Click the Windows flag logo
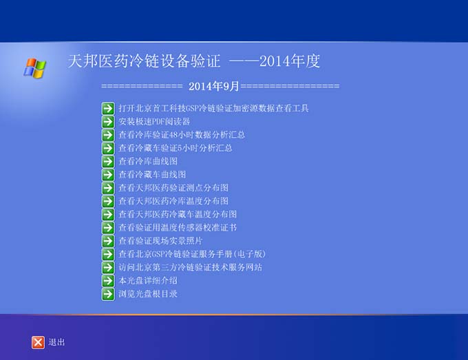pos(35,68)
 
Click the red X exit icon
pos(38,342)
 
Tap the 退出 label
pos(56,342)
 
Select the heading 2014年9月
pos(214,87)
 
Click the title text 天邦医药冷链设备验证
pos(144,61)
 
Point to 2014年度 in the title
pos(290,61)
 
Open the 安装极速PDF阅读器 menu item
pos(154,122)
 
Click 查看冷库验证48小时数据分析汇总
pos(182,135)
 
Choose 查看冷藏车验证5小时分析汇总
pos(175,148)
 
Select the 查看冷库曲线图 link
pos(148,161)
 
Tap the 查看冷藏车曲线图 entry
pos(152,174)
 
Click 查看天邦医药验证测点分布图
pos(173,188)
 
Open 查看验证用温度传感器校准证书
pos(178,227)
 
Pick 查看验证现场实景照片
pos(160,241)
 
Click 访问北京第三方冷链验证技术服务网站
pos(191,267)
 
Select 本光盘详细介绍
pos(148,281)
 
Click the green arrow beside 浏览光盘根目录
pos(108,294)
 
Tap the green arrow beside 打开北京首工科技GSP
pos(108,108)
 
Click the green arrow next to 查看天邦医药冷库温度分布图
pos(108,201)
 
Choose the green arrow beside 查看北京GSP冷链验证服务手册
pos(108,254)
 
